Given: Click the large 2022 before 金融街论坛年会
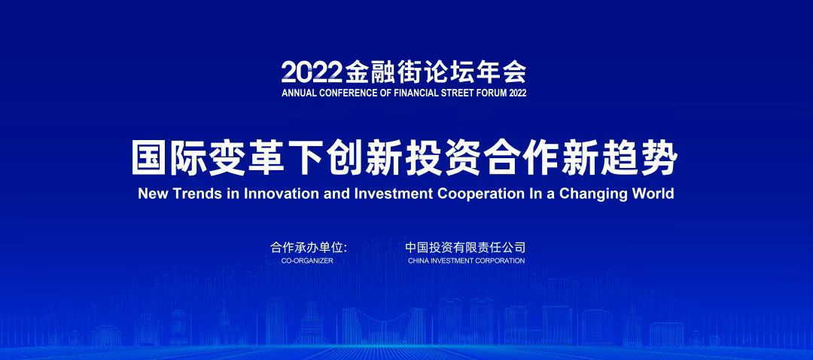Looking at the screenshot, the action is pyautogui.click(x=312, y=72).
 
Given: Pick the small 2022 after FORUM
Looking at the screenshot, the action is pyautogui.click(x=517, y=93).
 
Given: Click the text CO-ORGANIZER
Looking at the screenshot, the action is pyautogui.click(x=307, y=261).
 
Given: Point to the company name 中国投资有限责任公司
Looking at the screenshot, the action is pyautogui.click(x=466, y=247).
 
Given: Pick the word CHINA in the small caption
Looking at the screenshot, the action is pyautogui.click(x=417, y=261).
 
